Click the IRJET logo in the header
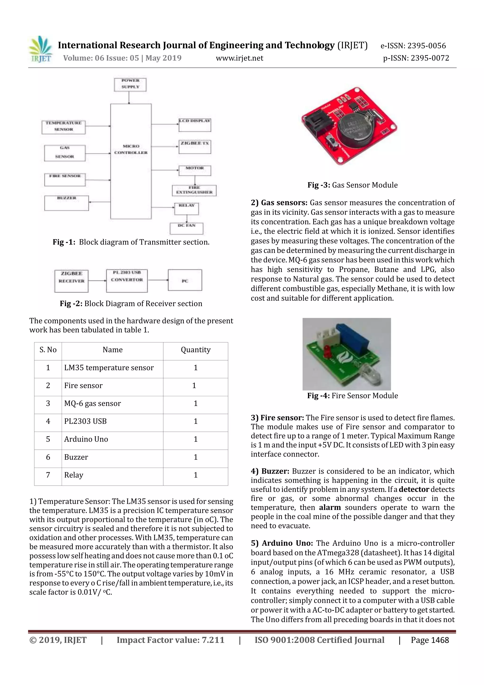click(x=41, y=49)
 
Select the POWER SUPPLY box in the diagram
click(x=130, y=84)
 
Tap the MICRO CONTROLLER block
click(x=131, y=161)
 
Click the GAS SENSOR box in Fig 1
click(x=65, y=153)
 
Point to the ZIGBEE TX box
click(x=194, y=146)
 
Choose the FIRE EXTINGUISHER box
click(x=194, y=190)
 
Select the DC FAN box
click(x=186, y=228)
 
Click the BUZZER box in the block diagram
click(x=66, y=203)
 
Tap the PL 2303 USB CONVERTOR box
click(x=127, y=281)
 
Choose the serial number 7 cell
click(x=48, y=475)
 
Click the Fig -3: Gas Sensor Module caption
click(x=353, y=185)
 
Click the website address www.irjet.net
click(x=239, y=58)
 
